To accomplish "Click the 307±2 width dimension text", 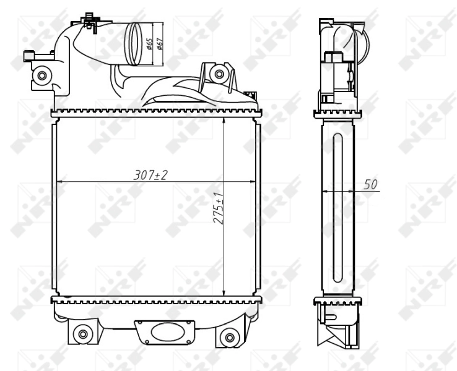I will click(151, 176).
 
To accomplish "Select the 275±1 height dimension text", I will click(219, 211).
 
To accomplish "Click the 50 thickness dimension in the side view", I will click(370, 184).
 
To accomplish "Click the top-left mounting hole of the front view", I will click(41, 76).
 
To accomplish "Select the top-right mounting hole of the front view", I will click(217, 75).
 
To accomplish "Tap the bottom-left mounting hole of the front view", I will click(82, 335).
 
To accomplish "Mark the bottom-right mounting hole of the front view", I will click(230, 338).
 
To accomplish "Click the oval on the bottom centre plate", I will click(167, 330).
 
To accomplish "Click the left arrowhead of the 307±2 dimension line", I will click(59, 182).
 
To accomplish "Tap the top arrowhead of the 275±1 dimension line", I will click(224, 118).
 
